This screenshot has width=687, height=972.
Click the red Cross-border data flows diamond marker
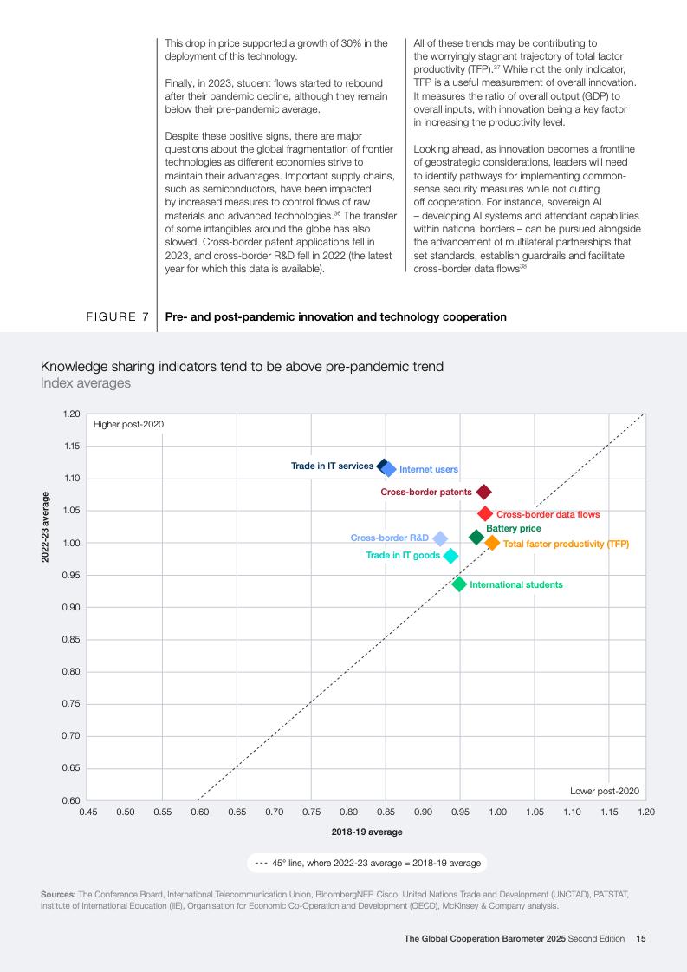(485, 514)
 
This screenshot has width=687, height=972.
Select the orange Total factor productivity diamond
(492, 543)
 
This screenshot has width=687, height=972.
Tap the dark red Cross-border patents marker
(483, 493)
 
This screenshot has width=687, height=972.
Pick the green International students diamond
(459, 584)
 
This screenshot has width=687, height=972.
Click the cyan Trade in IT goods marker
(450, 556)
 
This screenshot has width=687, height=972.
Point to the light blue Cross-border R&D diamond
(440, 538)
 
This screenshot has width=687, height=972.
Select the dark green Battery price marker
(476, 538)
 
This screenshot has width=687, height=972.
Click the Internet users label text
(429, 470)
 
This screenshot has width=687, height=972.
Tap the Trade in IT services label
(332, 466)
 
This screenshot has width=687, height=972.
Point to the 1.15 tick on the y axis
(71, 447)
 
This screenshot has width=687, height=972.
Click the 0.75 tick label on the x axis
(311, 812)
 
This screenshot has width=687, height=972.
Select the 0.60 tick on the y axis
(71, 800)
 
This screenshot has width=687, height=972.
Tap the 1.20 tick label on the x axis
(646, 812)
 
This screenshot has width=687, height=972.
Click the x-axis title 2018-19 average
(366, 832)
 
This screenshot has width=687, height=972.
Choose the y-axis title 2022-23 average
(45, 527)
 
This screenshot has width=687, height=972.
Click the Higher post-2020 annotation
(128, 424)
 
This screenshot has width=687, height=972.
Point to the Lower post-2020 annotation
(605, 791)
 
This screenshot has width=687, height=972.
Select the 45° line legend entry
(367, 863)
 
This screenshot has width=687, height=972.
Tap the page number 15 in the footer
(641, 938)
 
